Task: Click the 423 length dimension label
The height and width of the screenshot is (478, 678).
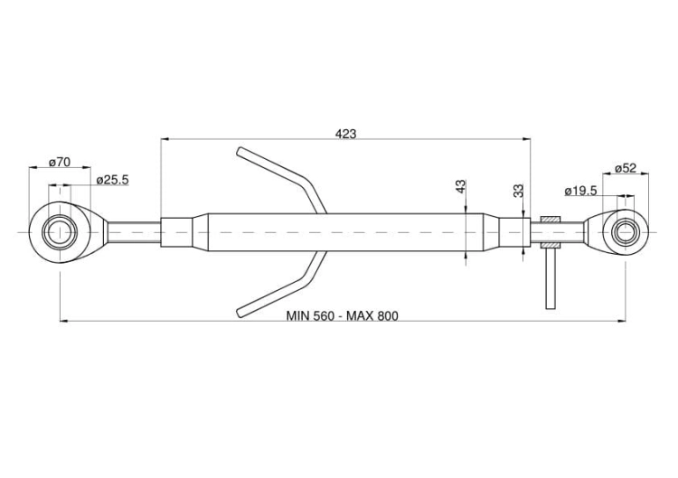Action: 346,134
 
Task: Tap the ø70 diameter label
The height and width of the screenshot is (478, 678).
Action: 60,163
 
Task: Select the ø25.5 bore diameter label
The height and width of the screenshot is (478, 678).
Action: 112,180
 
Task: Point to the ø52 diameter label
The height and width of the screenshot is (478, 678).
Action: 626,168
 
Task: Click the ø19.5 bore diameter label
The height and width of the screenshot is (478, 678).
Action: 580,191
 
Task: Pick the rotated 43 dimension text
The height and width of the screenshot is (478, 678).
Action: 461,186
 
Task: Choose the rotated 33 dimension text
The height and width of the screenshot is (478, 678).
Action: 519,191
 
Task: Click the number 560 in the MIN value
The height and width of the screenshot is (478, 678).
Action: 323,316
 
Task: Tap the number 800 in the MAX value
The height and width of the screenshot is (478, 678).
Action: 388,316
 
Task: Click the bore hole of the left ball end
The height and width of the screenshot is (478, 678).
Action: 60,232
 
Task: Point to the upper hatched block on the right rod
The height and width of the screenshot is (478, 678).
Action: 551,220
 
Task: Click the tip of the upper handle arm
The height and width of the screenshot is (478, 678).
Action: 240,151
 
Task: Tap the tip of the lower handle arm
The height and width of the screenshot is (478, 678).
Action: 240,314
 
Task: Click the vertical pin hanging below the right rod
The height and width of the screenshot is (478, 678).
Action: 551,278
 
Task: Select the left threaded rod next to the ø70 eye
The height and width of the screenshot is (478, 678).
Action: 134,232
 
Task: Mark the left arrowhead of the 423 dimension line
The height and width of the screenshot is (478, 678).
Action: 165,139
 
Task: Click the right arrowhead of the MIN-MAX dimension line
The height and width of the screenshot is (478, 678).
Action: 622,321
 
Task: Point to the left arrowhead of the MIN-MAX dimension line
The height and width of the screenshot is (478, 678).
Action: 63,321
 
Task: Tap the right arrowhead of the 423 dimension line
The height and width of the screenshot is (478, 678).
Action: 526,139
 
